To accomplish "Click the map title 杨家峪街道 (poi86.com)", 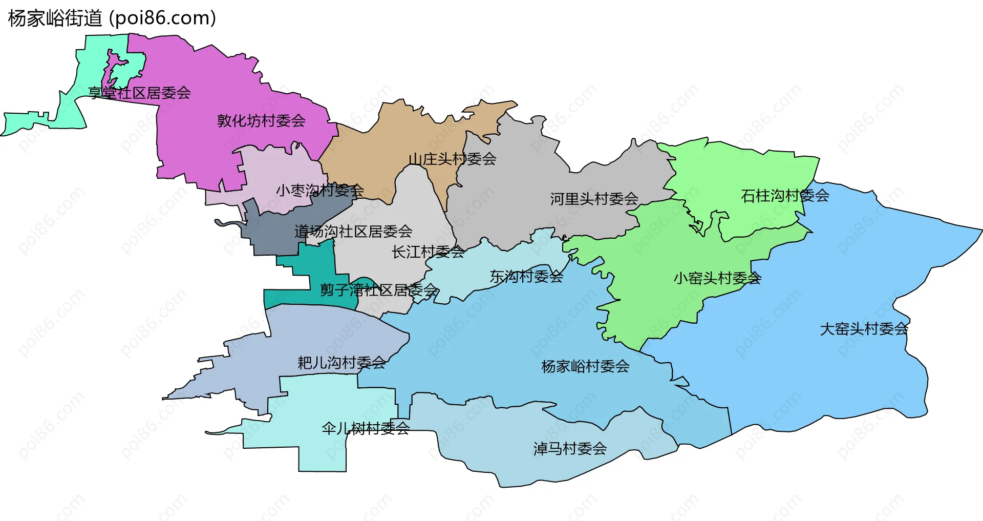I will [x=112, y=18].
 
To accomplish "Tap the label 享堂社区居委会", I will [x=139, y=93].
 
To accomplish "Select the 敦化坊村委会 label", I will [x=261, y=121].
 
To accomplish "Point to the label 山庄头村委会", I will [x=452, y=159].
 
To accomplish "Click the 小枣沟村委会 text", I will [x=320, y=191].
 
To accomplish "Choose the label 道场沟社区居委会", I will [x=353, y=232].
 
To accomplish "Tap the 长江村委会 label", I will [x=428, y=252].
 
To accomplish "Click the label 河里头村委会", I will [x=594, y=199].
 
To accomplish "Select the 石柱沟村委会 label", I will [x=785, y=196].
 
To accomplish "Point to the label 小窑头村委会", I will [x=717, y=278].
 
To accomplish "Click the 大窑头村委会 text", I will [x=864, y=329].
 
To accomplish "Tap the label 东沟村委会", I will [x=526, y=277].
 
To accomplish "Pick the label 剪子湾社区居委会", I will [x=379, y=290].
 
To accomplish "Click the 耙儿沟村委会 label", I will [x=341, y=363].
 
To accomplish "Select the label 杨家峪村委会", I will [x=585, y=366].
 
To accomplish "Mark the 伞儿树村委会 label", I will [x=366, y=428].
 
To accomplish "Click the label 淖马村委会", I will [x=570, y=449].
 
